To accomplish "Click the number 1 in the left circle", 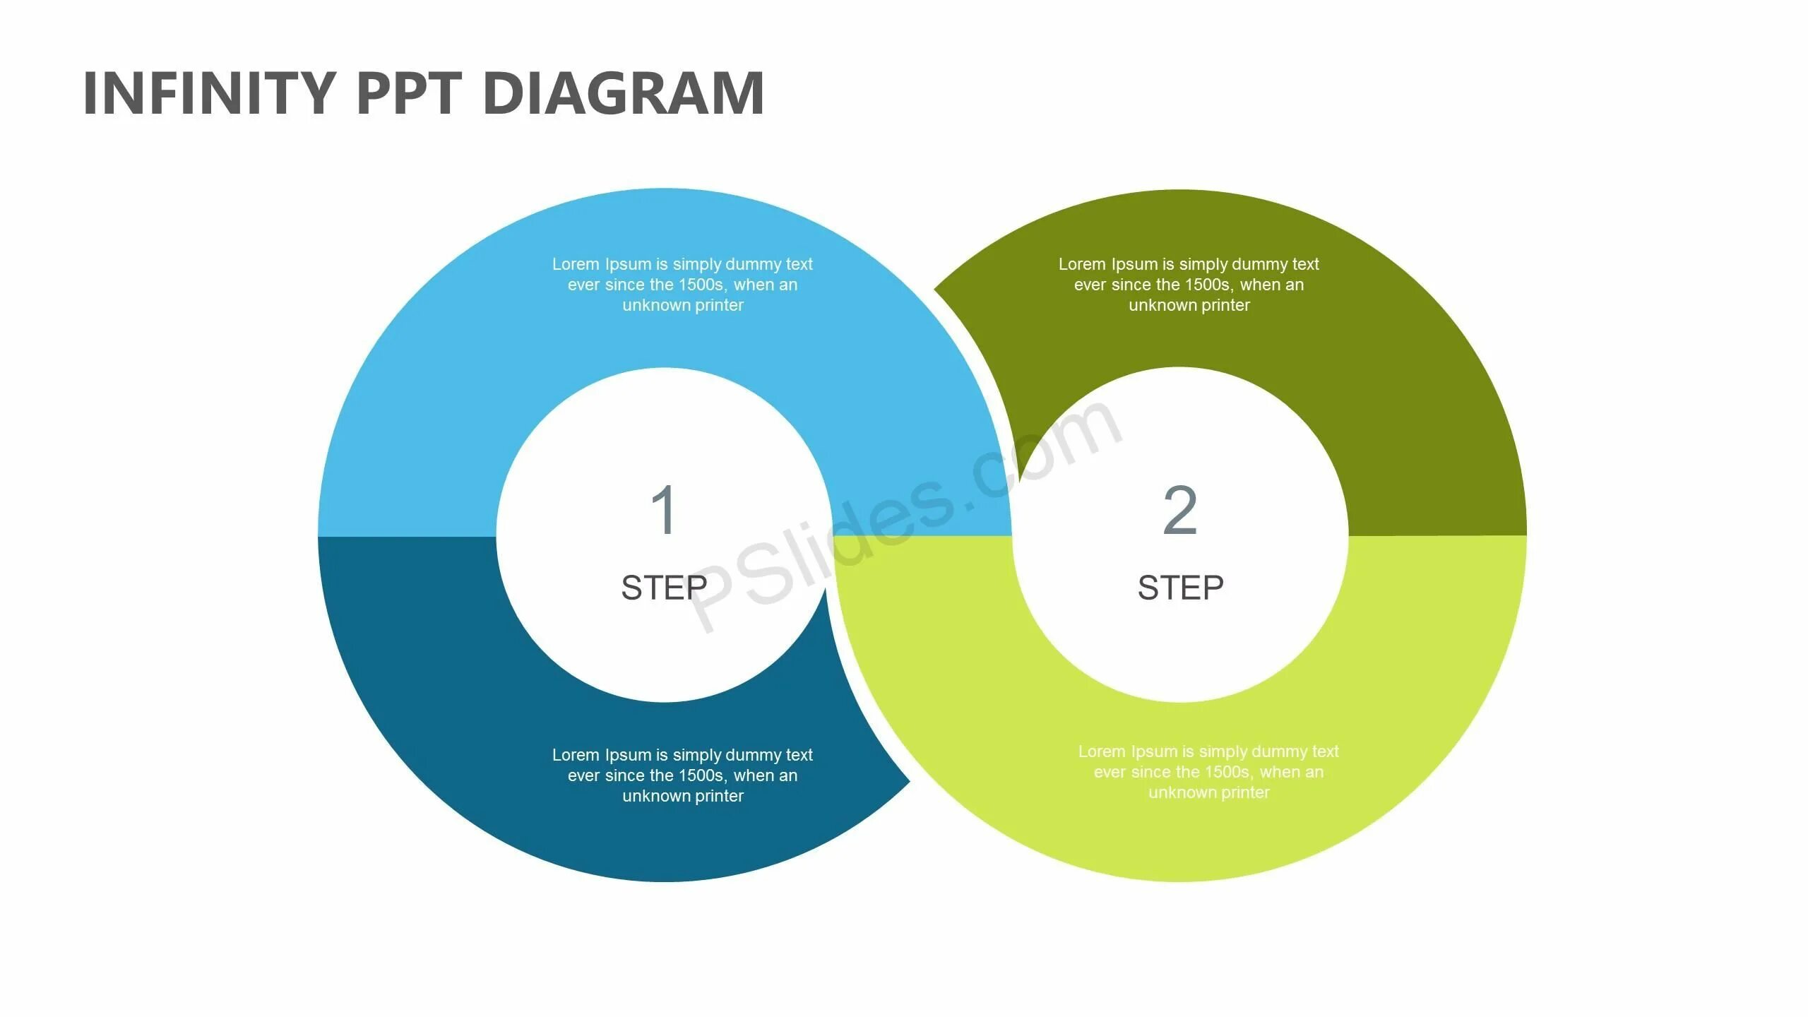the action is (664, 510).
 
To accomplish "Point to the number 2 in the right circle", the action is (1179, 510).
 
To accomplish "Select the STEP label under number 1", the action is (664, 588).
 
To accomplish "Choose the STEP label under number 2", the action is (1180, 588).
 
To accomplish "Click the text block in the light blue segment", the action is (682, 285).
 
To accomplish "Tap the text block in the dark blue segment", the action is (682, 775).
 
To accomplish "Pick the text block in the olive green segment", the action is (1189, 285).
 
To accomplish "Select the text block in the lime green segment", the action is (1208, 772).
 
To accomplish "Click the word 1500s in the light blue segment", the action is (701, 285).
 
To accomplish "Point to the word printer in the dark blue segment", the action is (719, 796).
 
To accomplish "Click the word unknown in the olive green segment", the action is (1159, 305).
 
